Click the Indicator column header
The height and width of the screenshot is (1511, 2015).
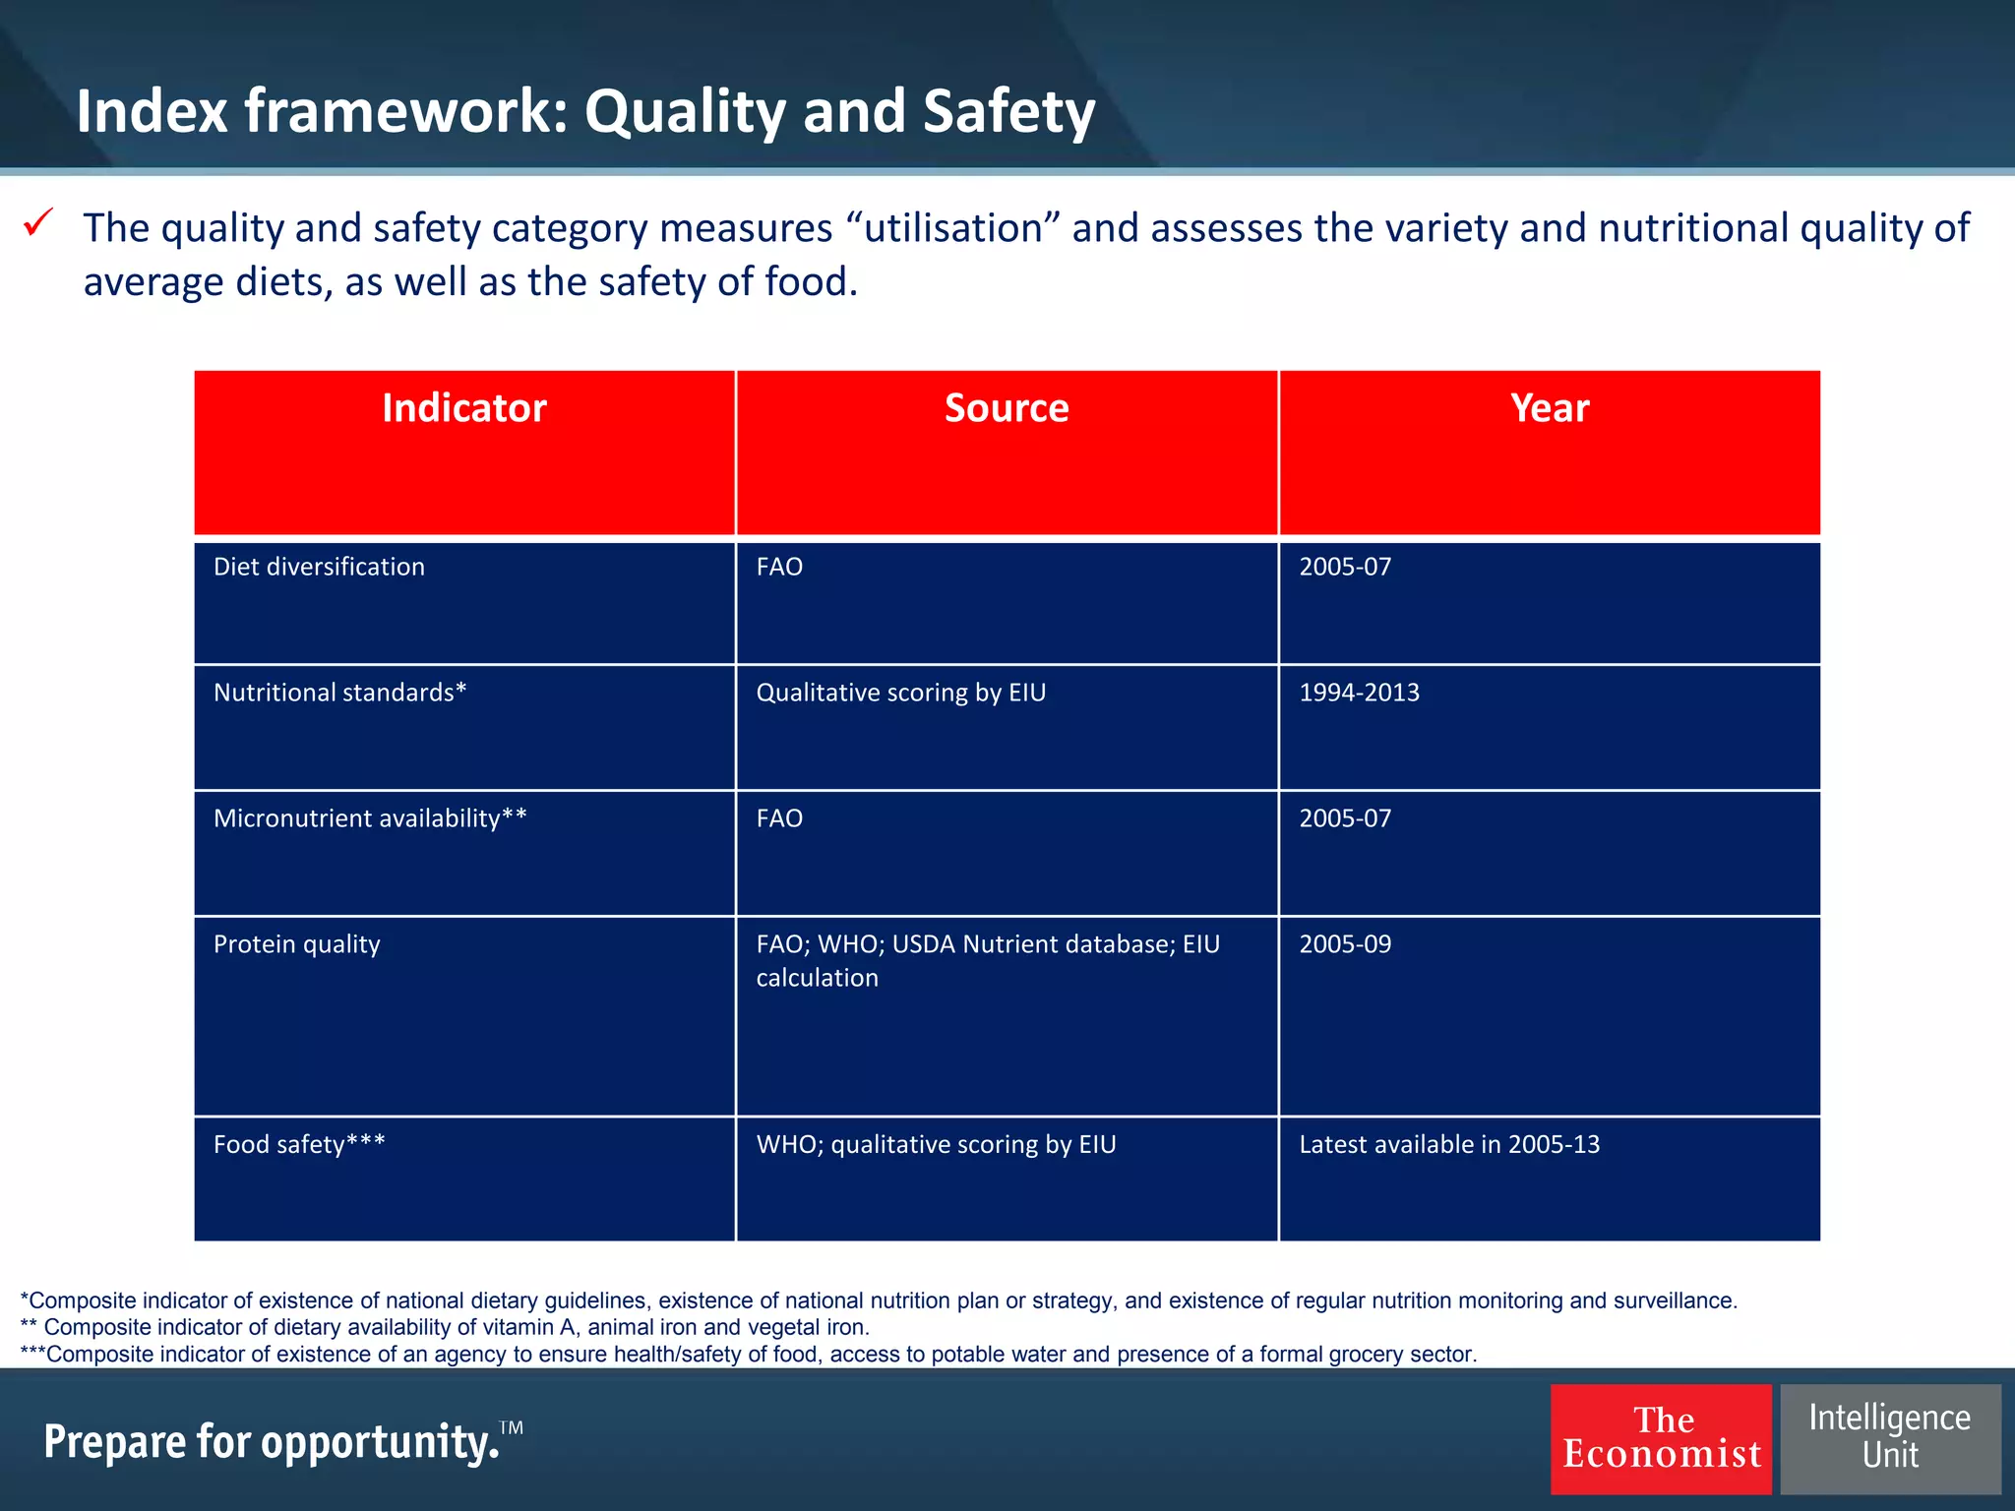click(x=464, y=409)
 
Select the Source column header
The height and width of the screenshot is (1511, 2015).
click(x=1007, y=409)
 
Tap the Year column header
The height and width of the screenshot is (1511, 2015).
click(x=1550, y=409)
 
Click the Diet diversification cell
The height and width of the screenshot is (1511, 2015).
click(x=320, y=568)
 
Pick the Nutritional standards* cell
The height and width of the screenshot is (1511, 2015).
click(x=340, y=694)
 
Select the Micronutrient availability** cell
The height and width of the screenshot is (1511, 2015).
click(x=370, y=819)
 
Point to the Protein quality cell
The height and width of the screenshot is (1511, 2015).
click(x=297, y=945)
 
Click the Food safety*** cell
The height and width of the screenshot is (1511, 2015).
click(x=299, y=1145)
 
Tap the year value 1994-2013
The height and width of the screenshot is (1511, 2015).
click(x=1359, y=694)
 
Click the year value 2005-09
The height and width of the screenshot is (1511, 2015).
click(x=1345, y=945)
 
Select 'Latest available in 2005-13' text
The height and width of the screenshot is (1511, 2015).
click(x=1449, y=1145)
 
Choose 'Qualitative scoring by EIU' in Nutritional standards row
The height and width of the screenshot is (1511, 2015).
click(x=900, y=694)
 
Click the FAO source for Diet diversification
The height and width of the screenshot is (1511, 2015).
click(x=779, y=568)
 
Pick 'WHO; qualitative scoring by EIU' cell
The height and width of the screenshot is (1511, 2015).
click(x=936, y=1145)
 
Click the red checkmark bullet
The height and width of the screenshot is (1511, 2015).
click(x=38, y=223)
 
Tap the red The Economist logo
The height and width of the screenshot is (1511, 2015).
click(x=1661, y=1438)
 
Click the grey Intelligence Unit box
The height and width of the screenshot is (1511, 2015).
click(x=1890, y=1438)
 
